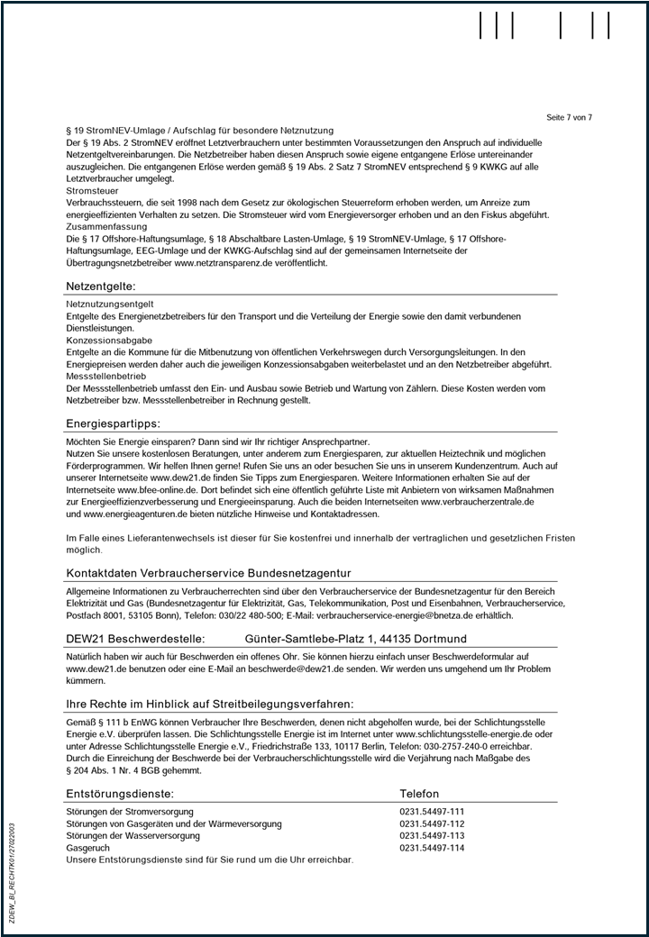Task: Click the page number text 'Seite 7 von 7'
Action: pyautogui.click(x=569, y=118)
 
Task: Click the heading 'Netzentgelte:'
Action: pyautogui.click(x=100, y=286)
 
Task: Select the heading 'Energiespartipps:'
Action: pyautogui.click(x=113, y=423)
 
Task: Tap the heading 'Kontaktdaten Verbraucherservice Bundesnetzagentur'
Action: pyautogui.click(x=208, y=574)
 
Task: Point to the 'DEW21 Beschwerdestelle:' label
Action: pyautogui.click(x=135, y=639)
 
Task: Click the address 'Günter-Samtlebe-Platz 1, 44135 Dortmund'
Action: pyautogui.click(x=356, y=639)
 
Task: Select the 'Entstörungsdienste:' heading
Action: pyautogui.click(x=120, y=794)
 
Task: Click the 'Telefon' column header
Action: pyautogui.click(x=419, y=794)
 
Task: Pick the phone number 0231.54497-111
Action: pyautogui.click(x=432, y=812)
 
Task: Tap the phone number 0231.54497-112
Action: pyautogui.click(x=432, y=823)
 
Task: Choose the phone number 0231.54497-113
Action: pyautogui.click(x=432, y=835)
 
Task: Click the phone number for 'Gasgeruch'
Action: pyautogui.click(x=432, y=848)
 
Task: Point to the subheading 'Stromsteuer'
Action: pyautogui.click(x=93, y=191)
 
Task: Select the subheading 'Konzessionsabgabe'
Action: pyautogui.click(x=109, y=341)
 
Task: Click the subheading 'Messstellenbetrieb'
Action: pyautogui.click(x=106, y=376)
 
